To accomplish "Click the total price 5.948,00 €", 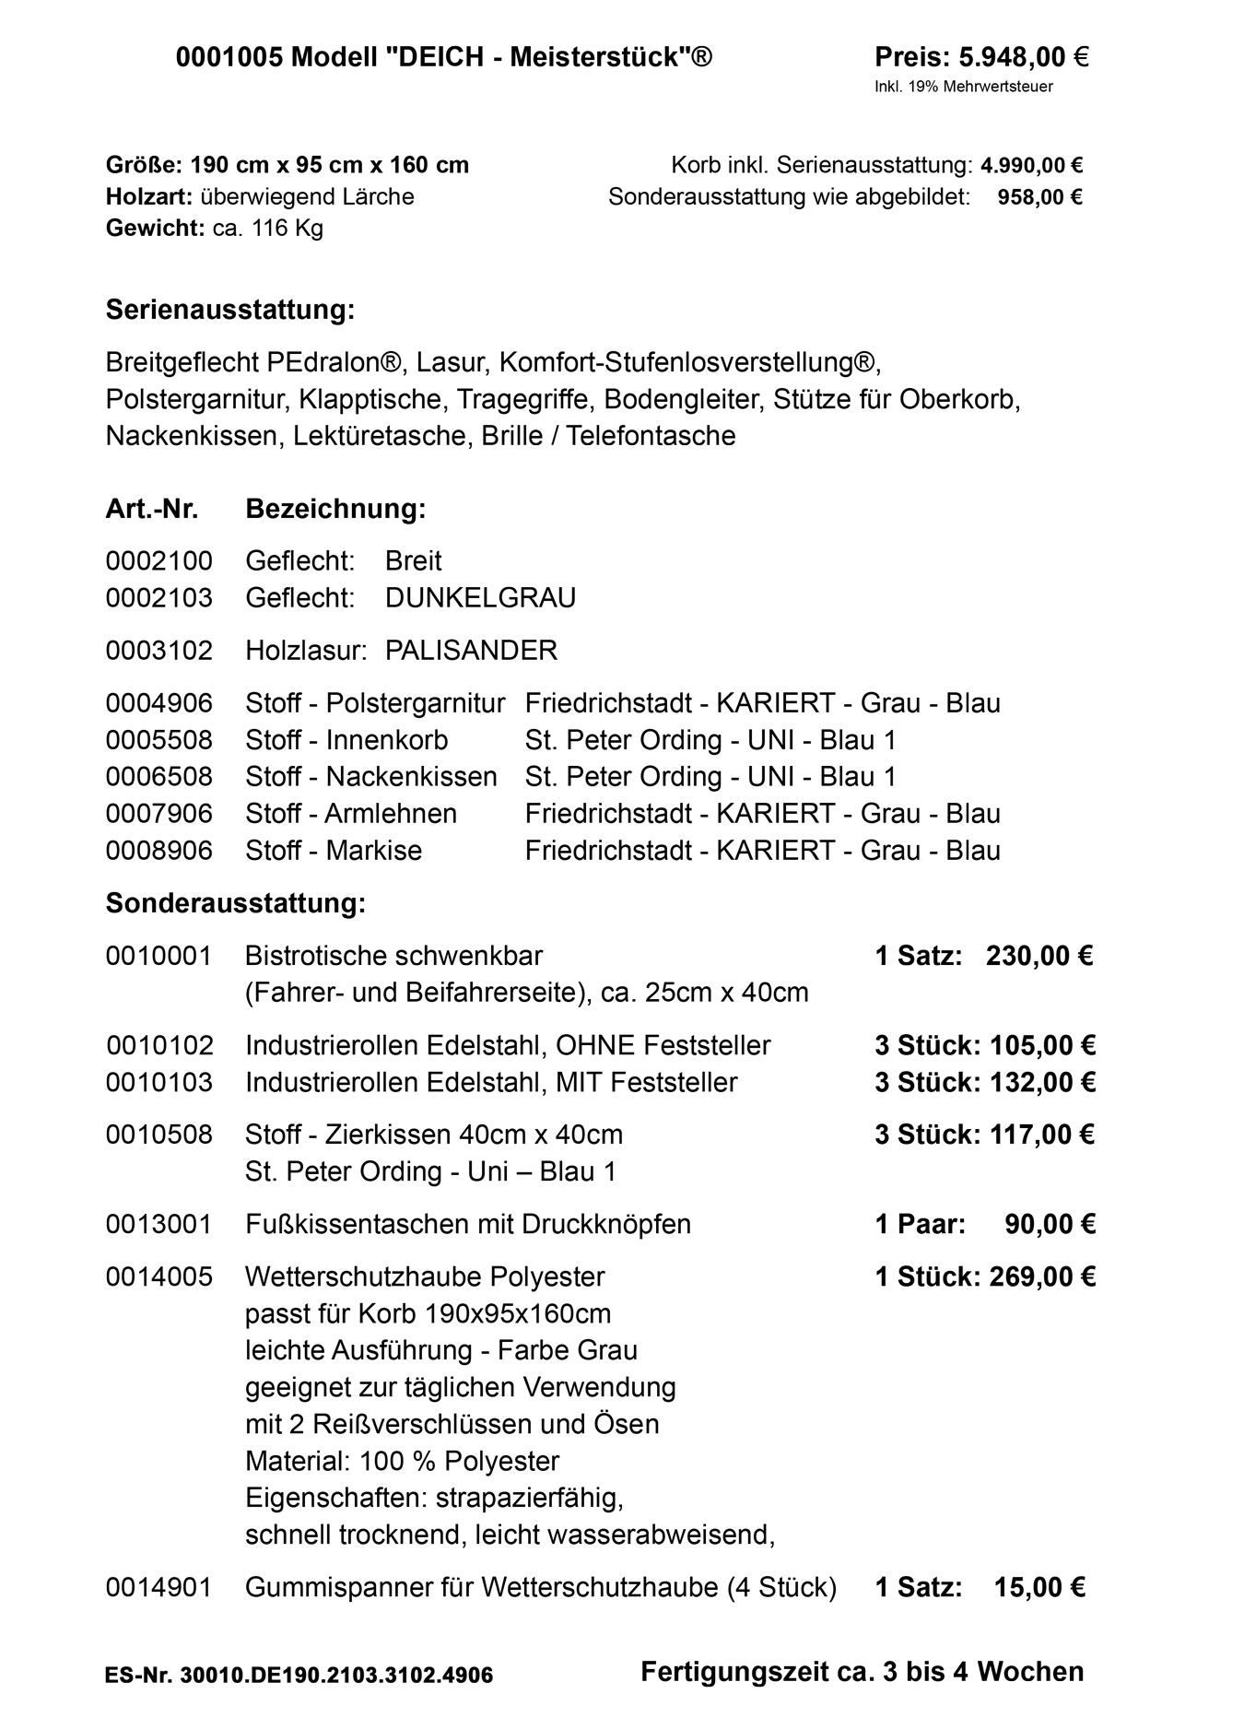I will coord(1023,58).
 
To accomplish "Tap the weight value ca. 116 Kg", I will coord(268,228).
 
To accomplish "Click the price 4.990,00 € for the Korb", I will coord(1031,166).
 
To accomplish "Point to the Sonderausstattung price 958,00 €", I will coord(1039,197).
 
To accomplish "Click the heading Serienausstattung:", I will coord(230,310).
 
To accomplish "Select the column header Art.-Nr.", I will coord(152,509).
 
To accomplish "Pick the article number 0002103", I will coord(158,598).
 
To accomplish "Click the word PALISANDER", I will coord(471,651).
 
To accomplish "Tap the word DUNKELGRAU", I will coord(480,598).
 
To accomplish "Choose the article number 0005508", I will coord(158,740).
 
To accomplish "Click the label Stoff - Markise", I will coord(334,851).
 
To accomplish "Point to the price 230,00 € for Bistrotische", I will coord(1039,956).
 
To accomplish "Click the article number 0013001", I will coord(158,1225).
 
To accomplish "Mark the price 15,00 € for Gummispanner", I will coord(1039,1588).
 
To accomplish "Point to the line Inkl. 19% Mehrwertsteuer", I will coord(963,88).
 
